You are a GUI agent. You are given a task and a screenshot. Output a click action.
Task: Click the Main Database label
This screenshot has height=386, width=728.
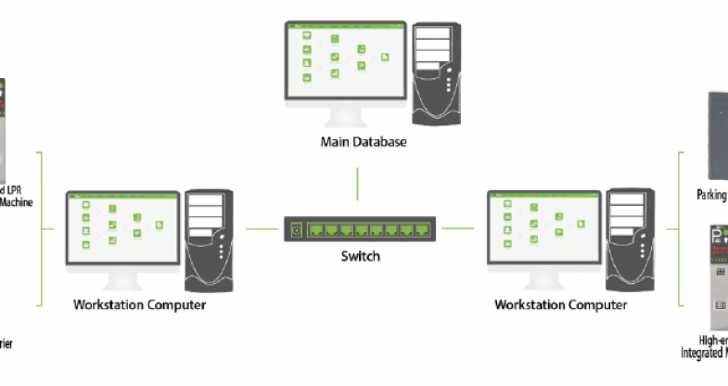pyautogui.click(x=363, y=142)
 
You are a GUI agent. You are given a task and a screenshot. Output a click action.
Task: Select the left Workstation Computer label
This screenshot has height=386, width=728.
pyautogui.click(x=139, y=303)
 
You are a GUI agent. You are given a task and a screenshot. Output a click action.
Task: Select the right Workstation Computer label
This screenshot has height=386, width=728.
pyautogui.click(x=560, y=303)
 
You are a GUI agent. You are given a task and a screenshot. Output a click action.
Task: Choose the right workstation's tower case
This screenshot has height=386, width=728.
pyautogui.click(x=630, y=239)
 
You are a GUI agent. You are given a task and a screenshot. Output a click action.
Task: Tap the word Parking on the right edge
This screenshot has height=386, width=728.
pyautogui.click(x=711, y=195)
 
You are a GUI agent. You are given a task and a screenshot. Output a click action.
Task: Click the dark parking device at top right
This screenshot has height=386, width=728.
pyautogui.click(x=718, y=135)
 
